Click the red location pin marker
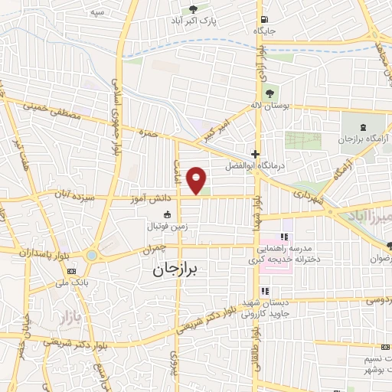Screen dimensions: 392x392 coord(198,179)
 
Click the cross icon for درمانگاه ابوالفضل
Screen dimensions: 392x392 coord(255,154)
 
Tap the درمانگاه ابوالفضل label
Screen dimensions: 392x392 coord(247,165)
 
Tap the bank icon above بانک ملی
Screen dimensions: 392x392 coord(73,271)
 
